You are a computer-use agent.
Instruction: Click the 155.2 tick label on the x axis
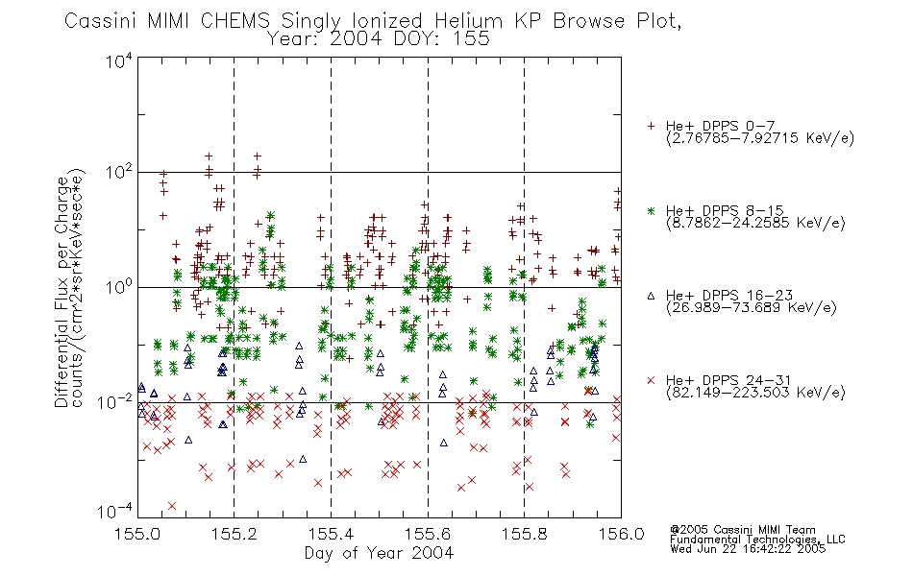pos(234,534)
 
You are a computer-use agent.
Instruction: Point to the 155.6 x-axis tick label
pos(428,534)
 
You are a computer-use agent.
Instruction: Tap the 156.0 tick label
pos(621,534)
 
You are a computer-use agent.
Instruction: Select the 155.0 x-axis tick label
pos(138,534)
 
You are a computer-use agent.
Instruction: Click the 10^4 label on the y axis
pos(119,60)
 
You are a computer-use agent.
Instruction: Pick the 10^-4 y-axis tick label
pos(115,511)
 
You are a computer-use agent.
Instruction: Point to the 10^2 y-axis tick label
pos(119,172)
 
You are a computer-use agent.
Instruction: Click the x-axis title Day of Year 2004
pos(379,553)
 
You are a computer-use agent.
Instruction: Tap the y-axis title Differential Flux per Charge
pos(62,292)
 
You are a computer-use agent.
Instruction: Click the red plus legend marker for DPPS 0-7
pos(652,126)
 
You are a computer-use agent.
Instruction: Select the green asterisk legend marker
pos(652,210)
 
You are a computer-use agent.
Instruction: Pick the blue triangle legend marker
pos(652,296)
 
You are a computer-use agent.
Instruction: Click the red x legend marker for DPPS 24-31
pos(652,380)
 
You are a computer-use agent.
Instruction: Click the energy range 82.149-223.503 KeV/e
pos(755,393)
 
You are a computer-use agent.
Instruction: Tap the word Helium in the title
pos(468,21)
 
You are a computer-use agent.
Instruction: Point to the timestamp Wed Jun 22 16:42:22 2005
pos(748,549)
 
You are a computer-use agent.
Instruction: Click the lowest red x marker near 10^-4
pos(172,506)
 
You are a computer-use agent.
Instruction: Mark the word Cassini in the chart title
pos(100,21)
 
